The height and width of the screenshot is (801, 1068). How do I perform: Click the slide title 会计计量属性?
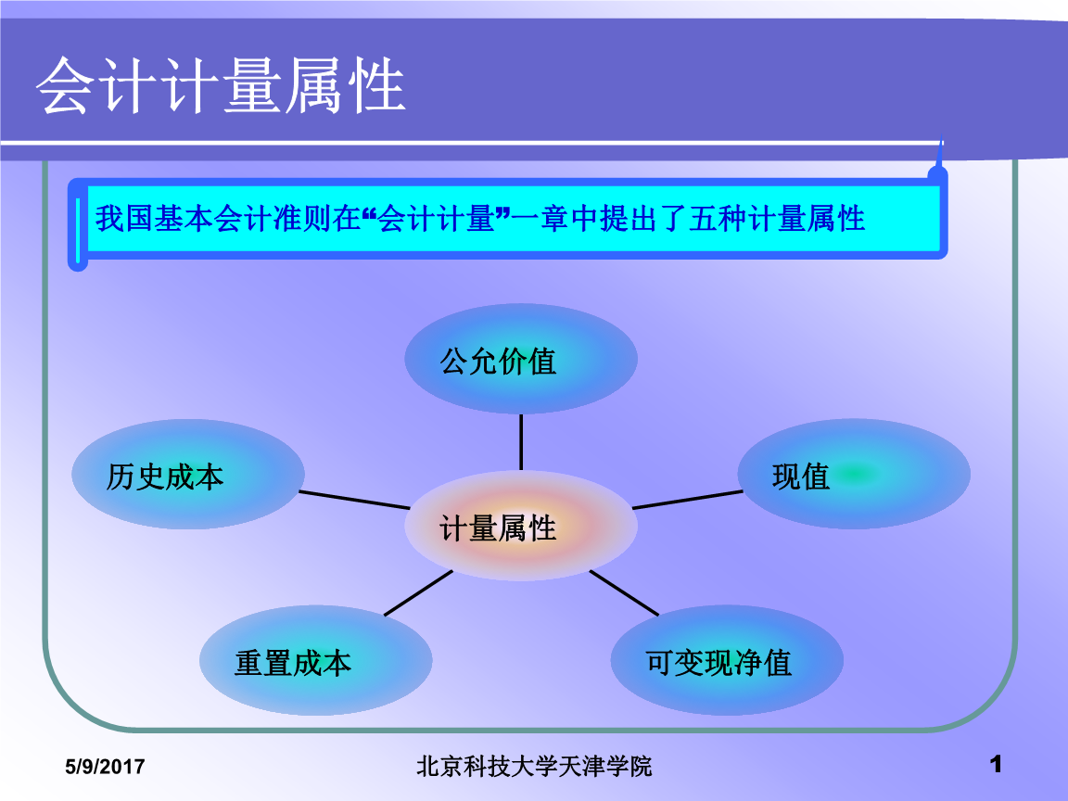221,86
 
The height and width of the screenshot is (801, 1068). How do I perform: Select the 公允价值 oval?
520,359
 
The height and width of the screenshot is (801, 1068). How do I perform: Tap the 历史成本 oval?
187,475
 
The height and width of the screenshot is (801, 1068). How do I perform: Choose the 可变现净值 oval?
726,662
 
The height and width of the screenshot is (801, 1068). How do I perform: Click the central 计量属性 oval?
520,528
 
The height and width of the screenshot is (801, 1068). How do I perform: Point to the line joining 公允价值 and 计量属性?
521,441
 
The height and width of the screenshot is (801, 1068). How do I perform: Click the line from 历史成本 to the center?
354,499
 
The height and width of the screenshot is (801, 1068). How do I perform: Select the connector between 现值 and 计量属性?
687,500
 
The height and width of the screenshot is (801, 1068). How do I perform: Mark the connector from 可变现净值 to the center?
623,592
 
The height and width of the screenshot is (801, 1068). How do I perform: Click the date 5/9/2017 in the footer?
104,767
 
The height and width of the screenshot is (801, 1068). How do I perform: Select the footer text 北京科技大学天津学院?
534,766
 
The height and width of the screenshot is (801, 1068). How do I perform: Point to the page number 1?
997,765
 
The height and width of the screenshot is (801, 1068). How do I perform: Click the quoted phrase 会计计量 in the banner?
436,219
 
